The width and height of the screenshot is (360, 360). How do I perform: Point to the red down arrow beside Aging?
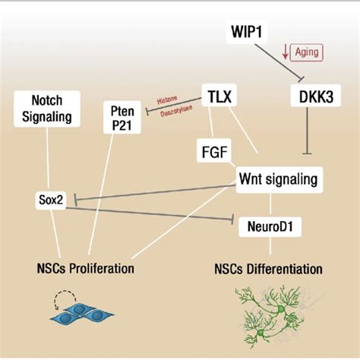[284, 52]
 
